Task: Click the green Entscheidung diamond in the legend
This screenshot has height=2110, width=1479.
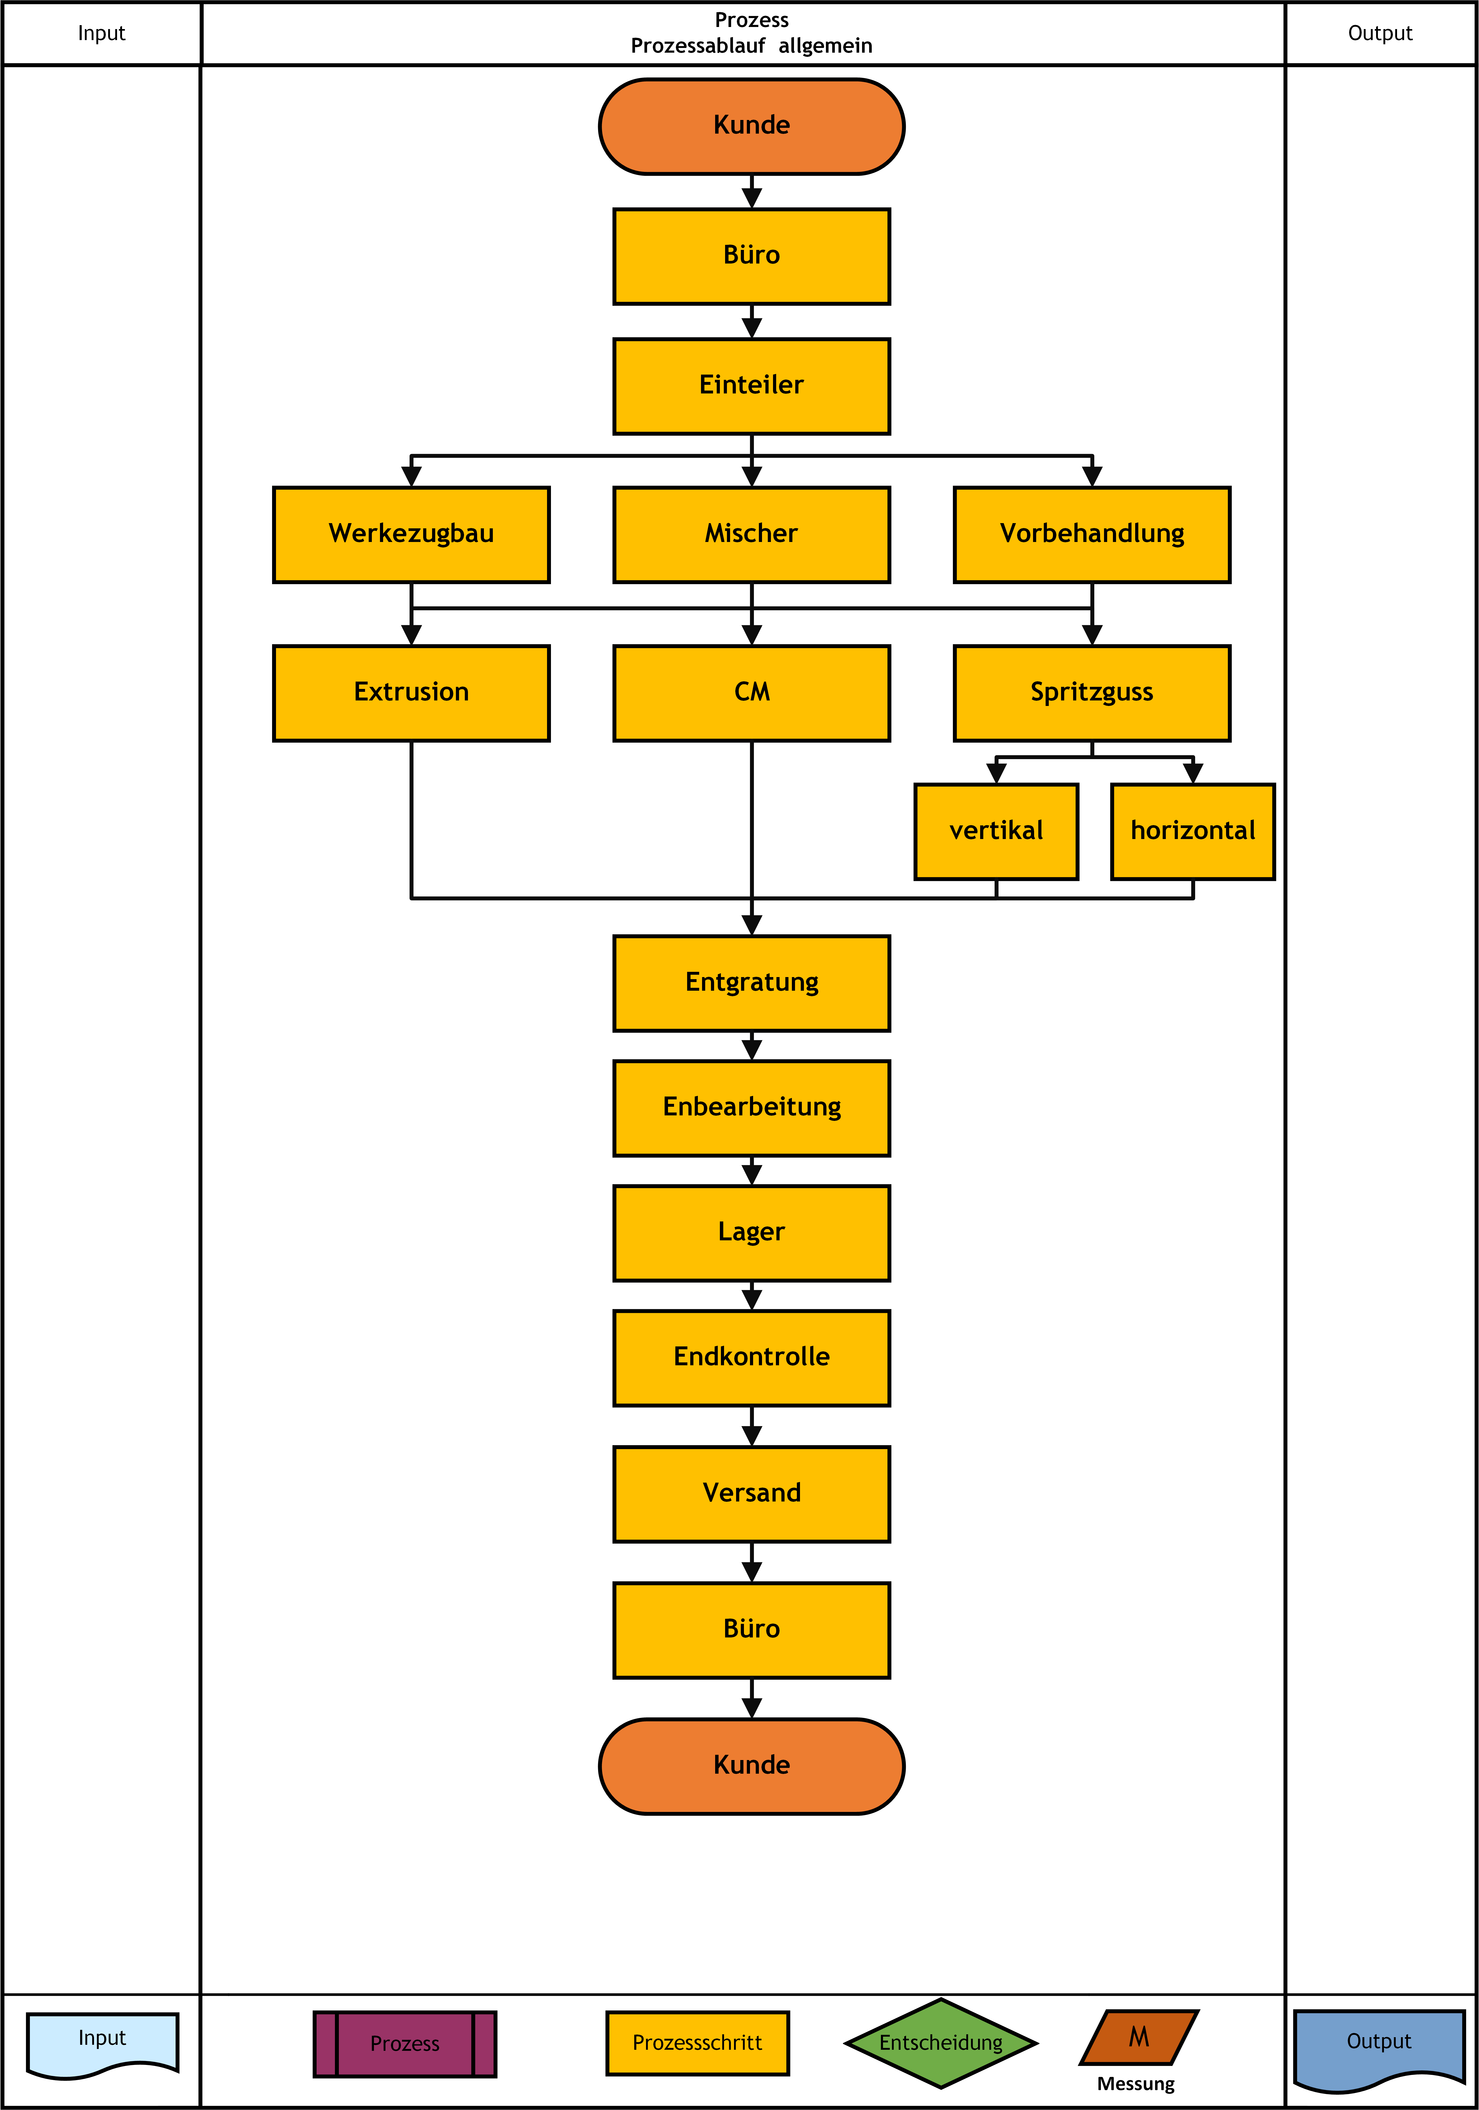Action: [942, 2043]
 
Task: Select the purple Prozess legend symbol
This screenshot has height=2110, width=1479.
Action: [405, 2044]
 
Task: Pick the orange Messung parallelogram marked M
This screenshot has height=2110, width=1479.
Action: [1139, 2037]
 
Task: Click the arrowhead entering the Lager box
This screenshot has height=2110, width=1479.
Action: [752, 1175]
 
